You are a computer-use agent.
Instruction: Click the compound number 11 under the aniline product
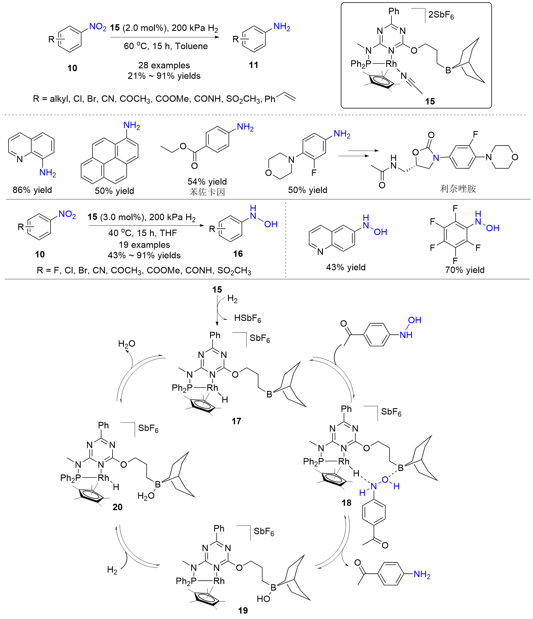pos(253,65)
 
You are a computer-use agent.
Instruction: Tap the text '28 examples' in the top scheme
pos(164,65)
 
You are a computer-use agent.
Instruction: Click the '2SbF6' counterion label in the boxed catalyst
pos(441,15)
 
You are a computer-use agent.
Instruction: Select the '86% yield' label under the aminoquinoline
pos(32,190)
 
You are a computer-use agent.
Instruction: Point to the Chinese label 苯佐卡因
pos(207,192)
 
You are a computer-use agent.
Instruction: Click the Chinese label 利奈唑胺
pos(458,189)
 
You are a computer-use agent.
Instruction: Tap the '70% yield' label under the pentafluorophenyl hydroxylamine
pos(465,270)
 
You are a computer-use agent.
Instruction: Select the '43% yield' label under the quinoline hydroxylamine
pos(346,267)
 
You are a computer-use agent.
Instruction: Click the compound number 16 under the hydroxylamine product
pos(238,254)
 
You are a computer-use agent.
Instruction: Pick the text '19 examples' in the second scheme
pos(144,245)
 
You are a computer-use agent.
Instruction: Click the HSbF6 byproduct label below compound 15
pos(248,319)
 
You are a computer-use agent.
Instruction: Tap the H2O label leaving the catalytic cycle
pos(127,344)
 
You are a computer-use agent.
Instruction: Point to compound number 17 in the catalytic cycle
pos(236,421)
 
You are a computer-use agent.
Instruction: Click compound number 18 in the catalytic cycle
pos(347,503)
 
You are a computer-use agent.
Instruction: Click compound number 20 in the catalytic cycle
pos(117,507)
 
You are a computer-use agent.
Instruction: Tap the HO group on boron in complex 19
pos(263,599)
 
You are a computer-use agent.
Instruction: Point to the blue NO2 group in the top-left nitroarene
pos(98,27)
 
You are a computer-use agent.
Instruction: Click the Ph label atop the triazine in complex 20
pos(103,425)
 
